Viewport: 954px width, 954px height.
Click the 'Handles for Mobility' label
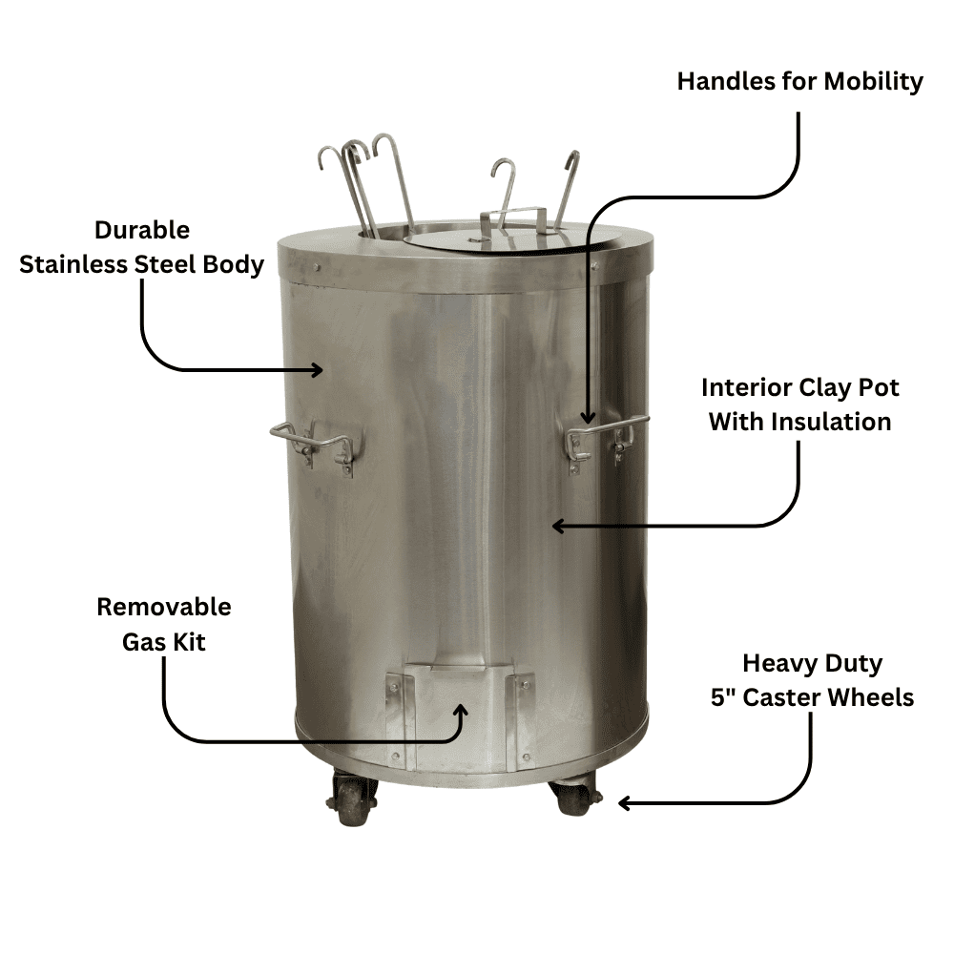[x=799, y=82]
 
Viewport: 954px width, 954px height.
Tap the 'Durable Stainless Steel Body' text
[x=141, y=247]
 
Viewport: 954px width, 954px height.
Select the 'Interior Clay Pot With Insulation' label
[x=799, y=404]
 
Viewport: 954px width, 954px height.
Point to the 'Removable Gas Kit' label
[x=164, y=624]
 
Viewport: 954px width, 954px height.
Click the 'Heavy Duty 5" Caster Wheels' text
[x=812, y=680]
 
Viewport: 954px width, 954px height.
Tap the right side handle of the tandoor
[x=607, y=436]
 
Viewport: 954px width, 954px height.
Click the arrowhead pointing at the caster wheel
[x=626, y=803]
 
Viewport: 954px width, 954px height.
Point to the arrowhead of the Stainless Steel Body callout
[x=317, y=370]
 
